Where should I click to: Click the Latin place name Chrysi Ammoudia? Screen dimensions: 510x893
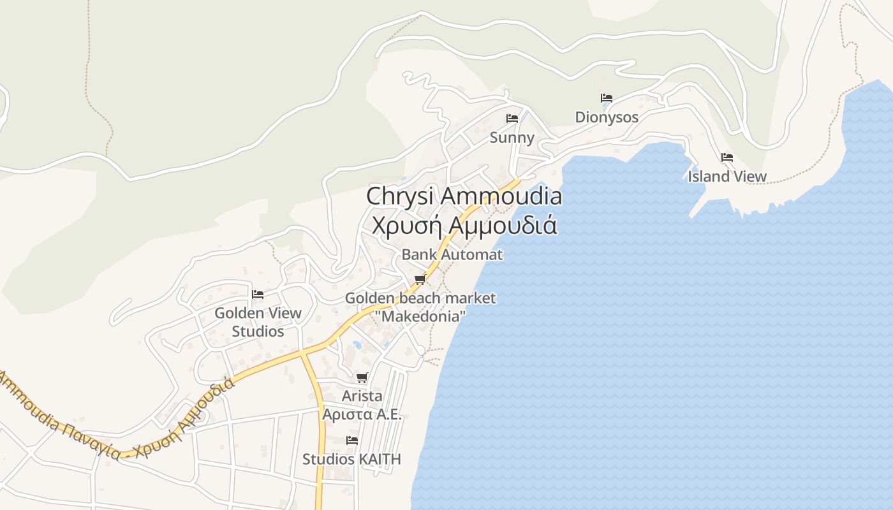464,196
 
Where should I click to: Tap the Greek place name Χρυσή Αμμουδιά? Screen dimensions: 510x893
464,226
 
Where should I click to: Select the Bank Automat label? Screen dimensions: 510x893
452,254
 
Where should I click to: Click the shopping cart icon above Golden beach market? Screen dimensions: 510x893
420,279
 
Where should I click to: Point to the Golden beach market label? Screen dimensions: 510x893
420,298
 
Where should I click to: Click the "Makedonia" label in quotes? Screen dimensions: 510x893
420,315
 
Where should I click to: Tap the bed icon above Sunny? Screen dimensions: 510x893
512,118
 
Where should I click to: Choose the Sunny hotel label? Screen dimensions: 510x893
512,137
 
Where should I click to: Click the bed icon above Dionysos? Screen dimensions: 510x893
607,98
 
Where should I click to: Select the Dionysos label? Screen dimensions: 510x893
607,117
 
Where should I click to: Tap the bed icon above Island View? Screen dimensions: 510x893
727,157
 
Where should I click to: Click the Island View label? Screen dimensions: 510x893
727,176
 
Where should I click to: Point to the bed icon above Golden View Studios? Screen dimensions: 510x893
258,295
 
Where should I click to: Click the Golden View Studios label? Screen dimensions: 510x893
258,322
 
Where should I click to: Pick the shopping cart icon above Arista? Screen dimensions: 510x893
362,377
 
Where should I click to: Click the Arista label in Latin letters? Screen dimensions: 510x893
362,396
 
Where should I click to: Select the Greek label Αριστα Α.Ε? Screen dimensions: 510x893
362,414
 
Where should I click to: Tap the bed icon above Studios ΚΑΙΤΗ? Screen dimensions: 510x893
351,441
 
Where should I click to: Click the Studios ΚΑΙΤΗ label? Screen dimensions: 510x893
351,459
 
